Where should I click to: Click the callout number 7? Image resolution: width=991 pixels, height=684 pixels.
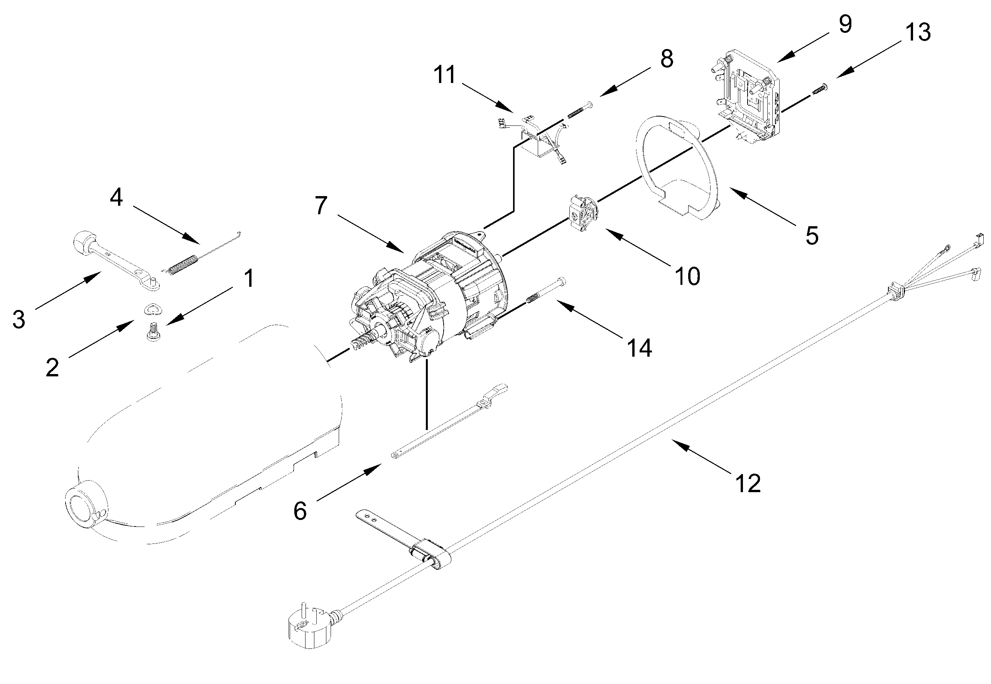[x=321, y=206]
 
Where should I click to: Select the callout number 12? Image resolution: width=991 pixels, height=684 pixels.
[x=747, y=483]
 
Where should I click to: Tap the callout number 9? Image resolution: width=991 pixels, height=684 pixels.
[x=845, y=24]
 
